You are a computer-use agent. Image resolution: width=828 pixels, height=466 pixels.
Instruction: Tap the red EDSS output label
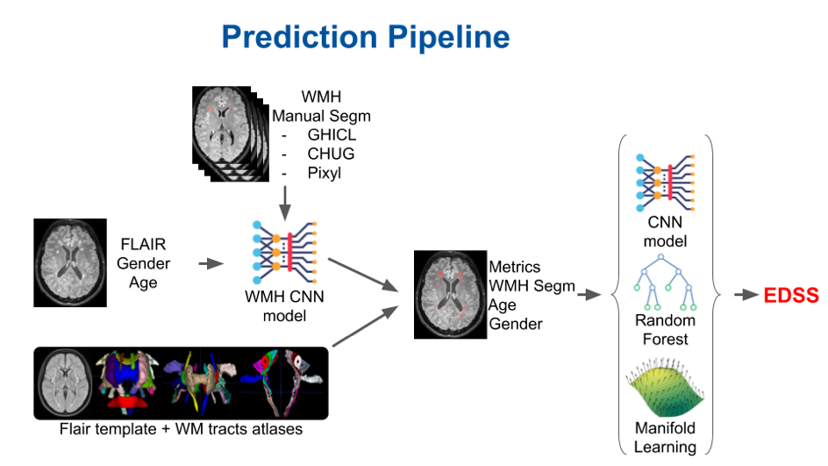coord(791,296)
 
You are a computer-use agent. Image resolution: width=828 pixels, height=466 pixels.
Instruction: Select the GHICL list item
coord(332,136)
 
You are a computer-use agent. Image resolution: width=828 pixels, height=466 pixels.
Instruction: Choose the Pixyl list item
coord(324,173)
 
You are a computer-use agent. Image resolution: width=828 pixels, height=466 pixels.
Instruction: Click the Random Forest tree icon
coord(665,283)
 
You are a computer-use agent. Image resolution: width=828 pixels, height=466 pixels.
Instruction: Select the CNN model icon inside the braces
coord(665,185)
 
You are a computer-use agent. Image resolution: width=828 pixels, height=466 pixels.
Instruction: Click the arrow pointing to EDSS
coord(746,296)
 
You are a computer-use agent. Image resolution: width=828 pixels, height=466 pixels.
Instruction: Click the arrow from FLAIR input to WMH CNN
coord(211,262)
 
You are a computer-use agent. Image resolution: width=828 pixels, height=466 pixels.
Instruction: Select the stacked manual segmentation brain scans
coord(226,131)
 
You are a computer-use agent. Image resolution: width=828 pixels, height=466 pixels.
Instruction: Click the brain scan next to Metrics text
coord(449,293)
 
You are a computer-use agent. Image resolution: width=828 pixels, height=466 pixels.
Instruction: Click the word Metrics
coord(516,267)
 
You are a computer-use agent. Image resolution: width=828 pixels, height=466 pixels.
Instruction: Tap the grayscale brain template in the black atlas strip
coord(68,381)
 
